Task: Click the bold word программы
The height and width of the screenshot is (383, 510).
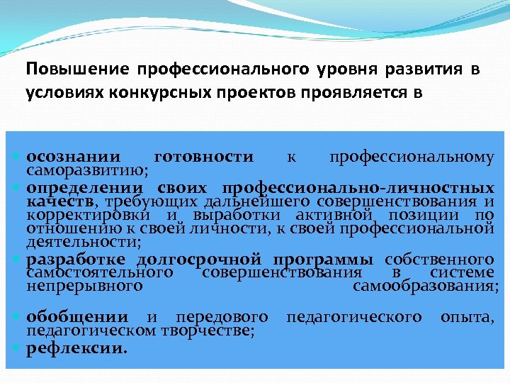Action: point(325,259)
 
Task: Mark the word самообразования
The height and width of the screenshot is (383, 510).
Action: point(425,286)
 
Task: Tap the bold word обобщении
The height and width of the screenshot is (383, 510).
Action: point(77,316)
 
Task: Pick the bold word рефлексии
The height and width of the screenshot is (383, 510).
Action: point(77,348)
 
